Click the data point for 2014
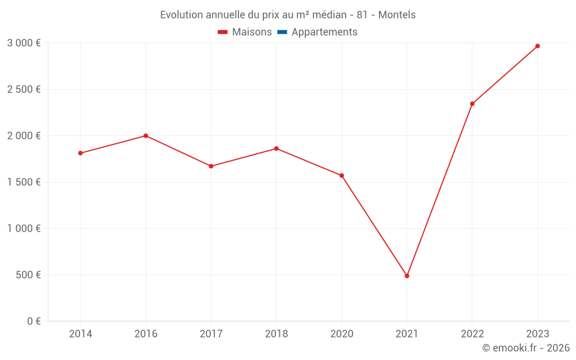(81, 153)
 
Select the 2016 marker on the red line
(146, 136)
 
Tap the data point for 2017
(211, 166)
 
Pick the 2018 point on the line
(276, 149)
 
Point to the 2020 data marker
(342, 176)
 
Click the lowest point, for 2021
(407, 276)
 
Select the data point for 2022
(472, 104)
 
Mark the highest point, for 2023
(537, 46)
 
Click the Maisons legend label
(252, 32)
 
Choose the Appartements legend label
(324, 32)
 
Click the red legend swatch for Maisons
(223, 32)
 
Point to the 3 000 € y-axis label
(24, 43)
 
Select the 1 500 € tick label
(24, 182)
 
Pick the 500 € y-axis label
(28, 275)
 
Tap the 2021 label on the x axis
(407, 334)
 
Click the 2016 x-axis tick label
(146, 334)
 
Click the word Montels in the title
(397, 15)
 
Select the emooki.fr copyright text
(526, 348)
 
